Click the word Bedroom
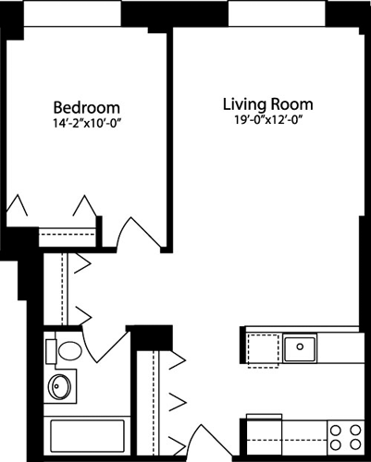(86, 106)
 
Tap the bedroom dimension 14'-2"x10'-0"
(86, 123)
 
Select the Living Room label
(268, 103)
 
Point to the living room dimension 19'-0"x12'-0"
(268, 120)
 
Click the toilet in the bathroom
(67, 352)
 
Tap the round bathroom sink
(61, 386)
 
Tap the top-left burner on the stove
(336, 428)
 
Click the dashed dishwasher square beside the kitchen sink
(263, 348)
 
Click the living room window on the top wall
(268, 12)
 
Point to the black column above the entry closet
(153, 334)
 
